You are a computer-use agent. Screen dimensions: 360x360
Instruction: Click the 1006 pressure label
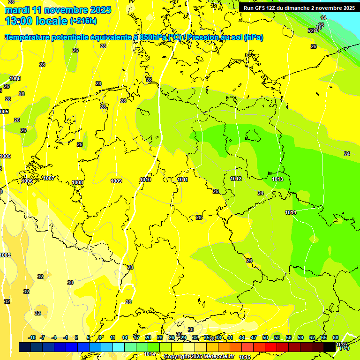click(27, 181)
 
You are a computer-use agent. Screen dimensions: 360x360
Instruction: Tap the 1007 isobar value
click(48, 178)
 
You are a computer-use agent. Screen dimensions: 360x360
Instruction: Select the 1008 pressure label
click(77, 182)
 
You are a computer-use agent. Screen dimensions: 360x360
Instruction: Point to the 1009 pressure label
click(116, 181)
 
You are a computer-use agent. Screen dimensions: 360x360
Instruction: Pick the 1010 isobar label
click(145, 180)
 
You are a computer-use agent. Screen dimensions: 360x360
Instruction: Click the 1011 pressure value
click(183, 180)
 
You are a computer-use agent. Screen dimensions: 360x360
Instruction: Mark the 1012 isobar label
click(236, 179)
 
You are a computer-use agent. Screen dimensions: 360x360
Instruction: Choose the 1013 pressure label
click(277, 179)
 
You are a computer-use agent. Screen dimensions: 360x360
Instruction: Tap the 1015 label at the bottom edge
click(244, 357)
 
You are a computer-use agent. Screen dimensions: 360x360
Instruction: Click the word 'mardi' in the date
click(16, 10)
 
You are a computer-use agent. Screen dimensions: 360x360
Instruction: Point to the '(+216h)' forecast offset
click(83, 21)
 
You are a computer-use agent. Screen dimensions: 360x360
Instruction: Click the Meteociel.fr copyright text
click(199, 357)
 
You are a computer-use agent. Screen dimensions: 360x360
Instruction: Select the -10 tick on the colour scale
click(32, 337)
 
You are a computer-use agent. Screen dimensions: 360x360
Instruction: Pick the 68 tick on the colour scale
click(336, 337)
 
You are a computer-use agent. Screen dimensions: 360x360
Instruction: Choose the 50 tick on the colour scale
click(265, 337)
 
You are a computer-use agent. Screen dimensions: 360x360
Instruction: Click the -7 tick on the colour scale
click(42, 337)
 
